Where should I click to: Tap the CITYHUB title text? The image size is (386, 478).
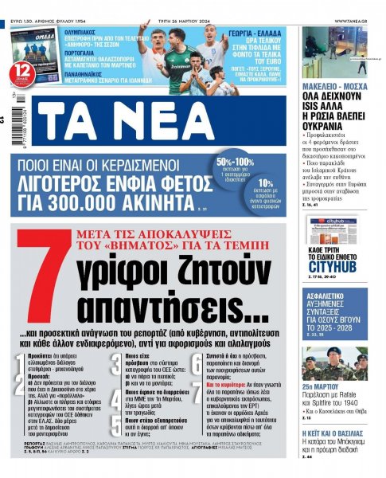pos(338,266)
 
